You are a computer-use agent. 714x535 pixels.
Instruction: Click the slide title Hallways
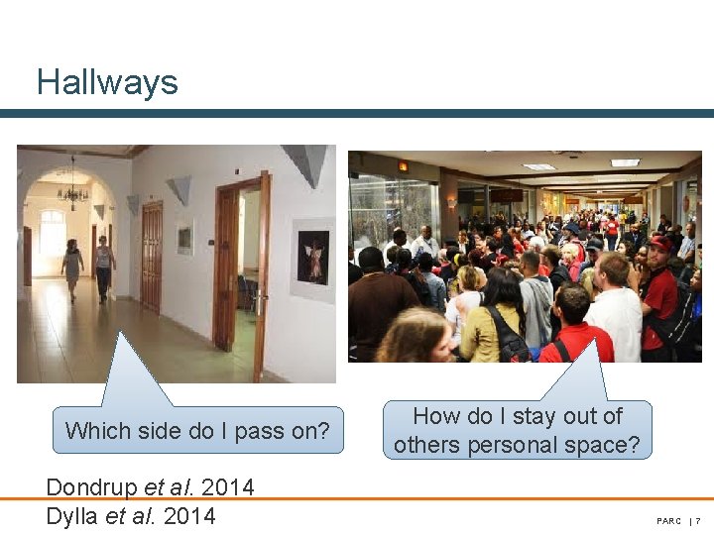click(x=107, y=81)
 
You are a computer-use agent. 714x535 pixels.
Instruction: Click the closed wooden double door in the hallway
click(x=151, y=256)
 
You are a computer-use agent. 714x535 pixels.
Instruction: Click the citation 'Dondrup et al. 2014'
click(x=150, y=487)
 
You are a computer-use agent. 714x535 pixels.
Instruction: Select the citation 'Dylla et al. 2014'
click(x=130, y=515)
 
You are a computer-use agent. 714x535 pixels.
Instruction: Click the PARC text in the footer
click(x=668, y=521)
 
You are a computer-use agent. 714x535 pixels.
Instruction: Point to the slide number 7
click(x=698, y=521)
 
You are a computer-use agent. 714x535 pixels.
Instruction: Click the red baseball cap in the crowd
click(x=660, y=240)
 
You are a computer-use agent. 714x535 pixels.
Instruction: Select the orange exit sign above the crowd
click(x=403, y=166)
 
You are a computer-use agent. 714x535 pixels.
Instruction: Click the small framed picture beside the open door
click(x=184, y=239)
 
